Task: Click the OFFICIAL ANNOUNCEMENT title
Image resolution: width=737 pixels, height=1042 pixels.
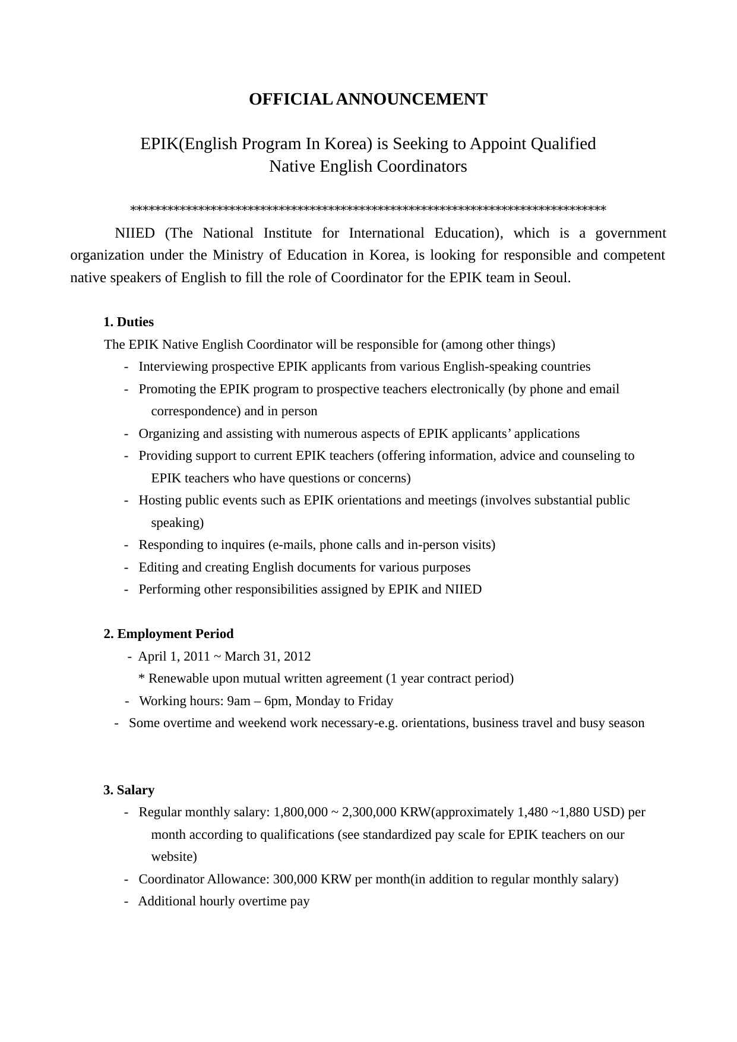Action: [x=368, y=99]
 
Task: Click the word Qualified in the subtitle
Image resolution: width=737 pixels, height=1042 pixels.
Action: [x=563, y=144]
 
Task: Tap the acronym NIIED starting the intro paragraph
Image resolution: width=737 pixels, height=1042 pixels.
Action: [x=134, y=233]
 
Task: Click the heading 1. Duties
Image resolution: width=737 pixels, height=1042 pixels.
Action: [x=128, y=322]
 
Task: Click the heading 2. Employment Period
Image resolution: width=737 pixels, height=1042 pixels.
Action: [x=169, y=634]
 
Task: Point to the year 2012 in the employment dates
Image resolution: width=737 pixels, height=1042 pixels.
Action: [x=297, y=656]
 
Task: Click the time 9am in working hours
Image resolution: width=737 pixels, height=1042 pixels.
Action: [x=239, y=701]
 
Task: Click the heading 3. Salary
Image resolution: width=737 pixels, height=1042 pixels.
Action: [x=129, y=790]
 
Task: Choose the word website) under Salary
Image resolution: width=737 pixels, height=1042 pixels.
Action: [x=174, y=857]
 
